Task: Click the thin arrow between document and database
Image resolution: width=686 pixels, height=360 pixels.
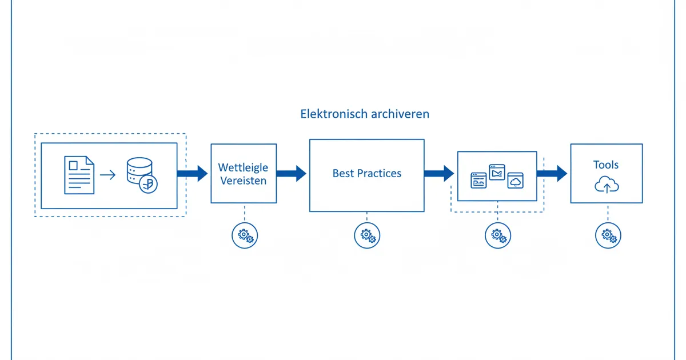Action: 107,175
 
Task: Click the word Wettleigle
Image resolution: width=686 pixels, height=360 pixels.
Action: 243,168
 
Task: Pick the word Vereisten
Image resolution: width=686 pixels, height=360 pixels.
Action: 243,181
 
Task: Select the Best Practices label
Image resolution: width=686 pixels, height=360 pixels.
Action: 366,173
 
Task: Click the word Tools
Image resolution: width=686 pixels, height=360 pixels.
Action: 606,165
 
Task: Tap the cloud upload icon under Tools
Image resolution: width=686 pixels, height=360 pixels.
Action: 607,185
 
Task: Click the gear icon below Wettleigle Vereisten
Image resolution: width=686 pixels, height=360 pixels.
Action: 245,235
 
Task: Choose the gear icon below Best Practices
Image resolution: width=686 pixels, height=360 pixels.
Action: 367,235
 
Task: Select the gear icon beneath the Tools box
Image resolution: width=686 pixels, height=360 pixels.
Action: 608,235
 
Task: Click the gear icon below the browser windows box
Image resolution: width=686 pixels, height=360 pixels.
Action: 498,235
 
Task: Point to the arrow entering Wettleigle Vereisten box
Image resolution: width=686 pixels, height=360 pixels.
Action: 193,173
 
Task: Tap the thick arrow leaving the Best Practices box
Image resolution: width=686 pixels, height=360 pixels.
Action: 439,173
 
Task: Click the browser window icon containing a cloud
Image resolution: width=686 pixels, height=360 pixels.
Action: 516,181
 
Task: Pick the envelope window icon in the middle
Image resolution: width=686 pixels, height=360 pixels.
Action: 497,172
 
